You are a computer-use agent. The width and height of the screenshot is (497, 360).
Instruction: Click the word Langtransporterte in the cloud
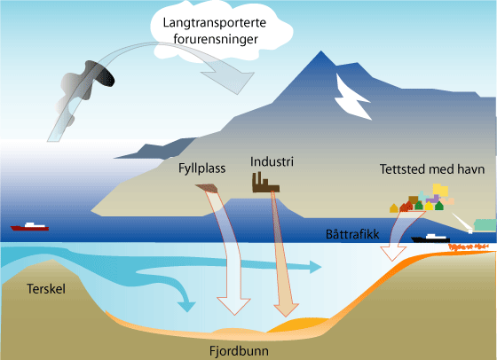[x=215, y=23]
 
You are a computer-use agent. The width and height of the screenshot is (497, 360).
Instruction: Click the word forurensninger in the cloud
[x=216, y=39]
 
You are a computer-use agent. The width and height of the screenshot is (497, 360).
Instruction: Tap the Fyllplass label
[x=202, y=168]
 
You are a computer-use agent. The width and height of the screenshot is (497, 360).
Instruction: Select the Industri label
[x=272, y=161]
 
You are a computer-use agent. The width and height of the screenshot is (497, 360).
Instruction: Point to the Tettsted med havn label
[x=432, y=169]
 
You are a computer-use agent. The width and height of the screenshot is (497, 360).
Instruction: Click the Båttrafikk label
[x=352, y=234]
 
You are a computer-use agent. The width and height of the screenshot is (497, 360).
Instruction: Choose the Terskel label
[x=46, y=289]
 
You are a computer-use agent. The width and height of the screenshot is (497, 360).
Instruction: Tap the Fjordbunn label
[x=239, y=351]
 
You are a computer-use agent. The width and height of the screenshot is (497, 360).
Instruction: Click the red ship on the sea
[x=29, y=226]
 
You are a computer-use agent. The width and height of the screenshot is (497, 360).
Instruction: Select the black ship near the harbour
[x=430, y=239]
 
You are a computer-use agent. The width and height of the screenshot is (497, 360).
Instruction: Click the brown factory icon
[x=265, y=183]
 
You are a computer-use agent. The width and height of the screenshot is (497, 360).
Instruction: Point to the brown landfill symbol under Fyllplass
[x=207, y=188]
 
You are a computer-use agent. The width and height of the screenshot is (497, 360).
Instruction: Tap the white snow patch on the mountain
[x=351, y=98]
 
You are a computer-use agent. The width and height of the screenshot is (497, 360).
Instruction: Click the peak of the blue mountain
[x=321, y=51]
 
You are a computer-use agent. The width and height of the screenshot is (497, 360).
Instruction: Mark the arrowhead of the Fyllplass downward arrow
[x=234, y=306]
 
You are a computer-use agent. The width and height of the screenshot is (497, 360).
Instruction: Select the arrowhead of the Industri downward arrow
[x=286, y=309]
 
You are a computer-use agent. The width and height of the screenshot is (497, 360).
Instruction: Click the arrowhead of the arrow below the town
[x=392, y=254]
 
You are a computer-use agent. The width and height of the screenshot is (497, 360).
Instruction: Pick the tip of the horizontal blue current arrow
[x=320, y=267]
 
